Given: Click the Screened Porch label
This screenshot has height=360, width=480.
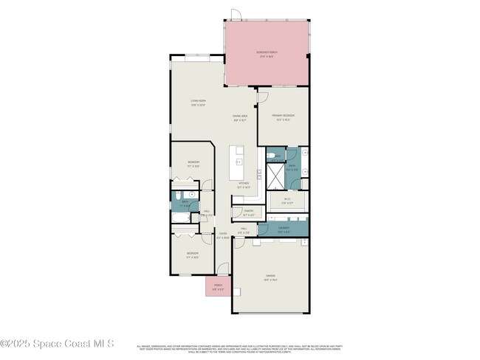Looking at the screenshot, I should [267, 54].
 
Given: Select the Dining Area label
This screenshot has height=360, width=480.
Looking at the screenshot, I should [240, 118].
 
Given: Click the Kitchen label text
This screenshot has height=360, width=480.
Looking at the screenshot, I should [244, 186].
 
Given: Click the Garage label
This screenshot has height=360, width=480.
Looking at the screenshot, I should [271, 278].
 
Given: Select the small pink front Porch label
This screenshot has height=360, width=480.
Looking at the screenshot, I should [218, 286].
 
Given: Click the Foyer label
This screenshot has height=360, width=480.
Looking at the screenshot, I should [222, 236].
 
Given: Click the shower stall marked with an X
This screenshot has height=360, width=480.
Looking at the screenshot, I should [274, 176].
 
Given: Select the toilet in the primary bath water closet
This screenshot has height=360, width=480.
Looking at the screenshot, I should [272, 155].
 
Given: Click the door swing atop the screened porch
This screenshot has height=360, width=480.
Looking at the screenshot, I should [236, 15].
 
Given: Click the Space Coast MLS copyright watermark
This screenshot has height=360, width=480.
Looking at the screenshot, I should [57, 343].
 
